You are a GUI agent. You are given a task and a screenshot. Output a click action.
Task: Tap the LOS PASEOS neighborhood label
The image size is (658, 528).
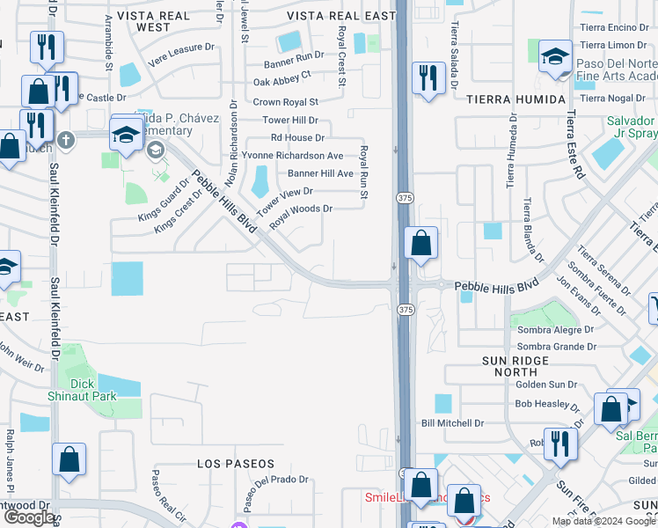236,464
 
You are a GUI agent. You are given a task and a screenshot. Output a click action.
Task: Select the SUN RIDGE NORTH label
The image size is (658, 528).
521,367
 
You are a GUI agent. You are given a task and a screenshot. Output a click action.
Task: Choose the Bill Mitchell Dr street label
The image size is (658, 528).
453,423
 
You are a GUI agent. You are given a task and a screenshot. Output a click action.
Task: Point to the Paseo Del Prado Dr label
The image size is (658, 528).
271,480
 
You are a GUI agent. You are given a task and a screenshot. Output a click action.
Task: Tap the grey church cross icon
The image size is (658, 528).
65,139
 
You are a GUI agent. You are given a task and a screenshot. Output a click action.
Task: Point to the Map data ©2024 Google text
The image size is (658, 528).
603,521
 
